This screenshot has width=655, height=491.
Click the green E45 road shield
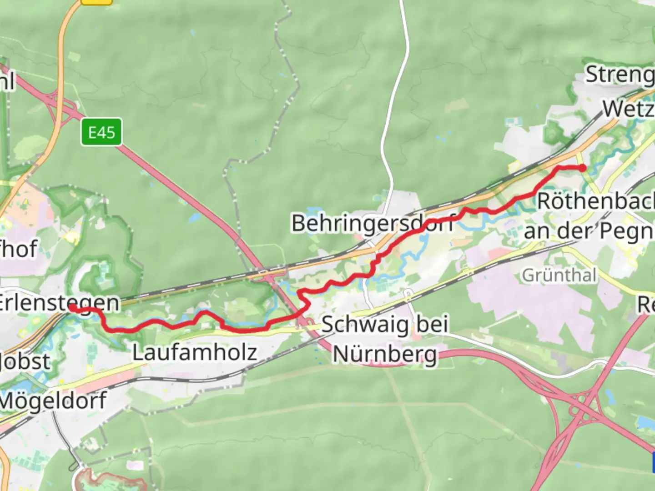coord(101,132)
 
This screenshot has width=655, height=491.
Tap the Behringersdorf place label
coord(372,223)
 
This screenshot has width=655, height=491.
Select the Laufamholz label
coord(195,352)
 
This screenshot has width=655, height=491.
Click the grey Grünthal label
coord(559,275)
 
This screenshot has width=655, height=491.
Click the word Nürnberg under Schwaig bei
coord(385,354)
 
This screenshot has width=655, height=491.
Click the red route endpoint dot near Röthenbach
coord(582,168)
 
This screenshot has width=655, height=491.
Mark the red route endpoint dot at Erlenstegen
coord(72,308)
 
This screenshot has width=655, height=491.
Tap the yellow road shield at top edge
coord(96,1)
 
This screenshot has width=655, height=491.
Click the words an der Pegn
coord(589,230)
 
